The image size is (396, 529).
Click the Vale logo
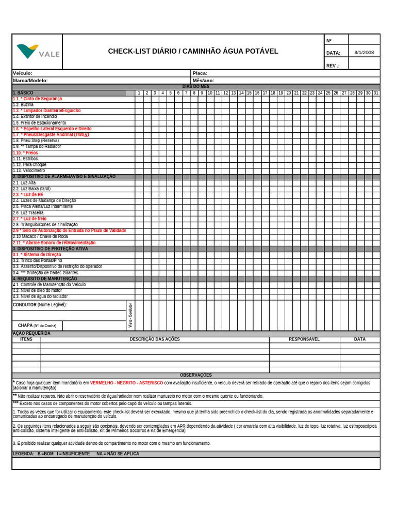point(37,52)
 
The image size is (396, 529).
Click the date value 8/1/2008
point(364,53)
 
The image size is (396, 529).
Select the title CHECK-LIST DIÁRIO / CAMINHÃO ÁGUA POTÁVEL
point(193,51)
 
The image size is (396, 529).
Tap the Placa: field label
point(200,73)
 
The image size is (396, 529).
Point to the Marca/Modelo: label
point(30,81)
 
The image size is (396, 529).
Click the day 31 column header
point(376,93)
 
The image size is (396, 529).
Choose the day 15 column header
point(249,93)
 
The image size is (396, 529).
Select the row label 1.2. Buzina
point(23,104)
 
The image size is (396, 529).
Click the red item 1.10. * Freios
point(25,153)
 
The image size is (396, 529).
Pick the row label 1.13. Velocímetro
point(29,170)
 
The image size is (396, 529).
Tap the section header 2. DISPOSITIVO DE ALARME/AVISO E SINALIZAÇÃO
point(64,177)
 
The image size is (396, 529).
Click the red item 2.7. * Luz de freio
point(29,219)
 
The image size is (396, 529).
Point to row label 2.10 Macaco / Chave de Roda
point(40,237)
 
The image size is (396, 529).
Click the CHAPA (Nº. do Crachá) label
point(37,325)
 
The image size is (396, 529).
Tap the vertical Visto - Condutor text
point(130,315)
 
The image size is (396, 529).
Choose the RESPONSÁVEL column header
point(304,339)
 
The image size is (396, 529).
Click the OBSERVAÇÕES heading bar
point(195,375)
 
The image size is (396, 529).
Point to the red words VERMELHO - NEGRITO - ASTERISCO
point(126,383)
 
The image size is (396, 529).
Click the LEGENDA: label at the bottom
point(24,454)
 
